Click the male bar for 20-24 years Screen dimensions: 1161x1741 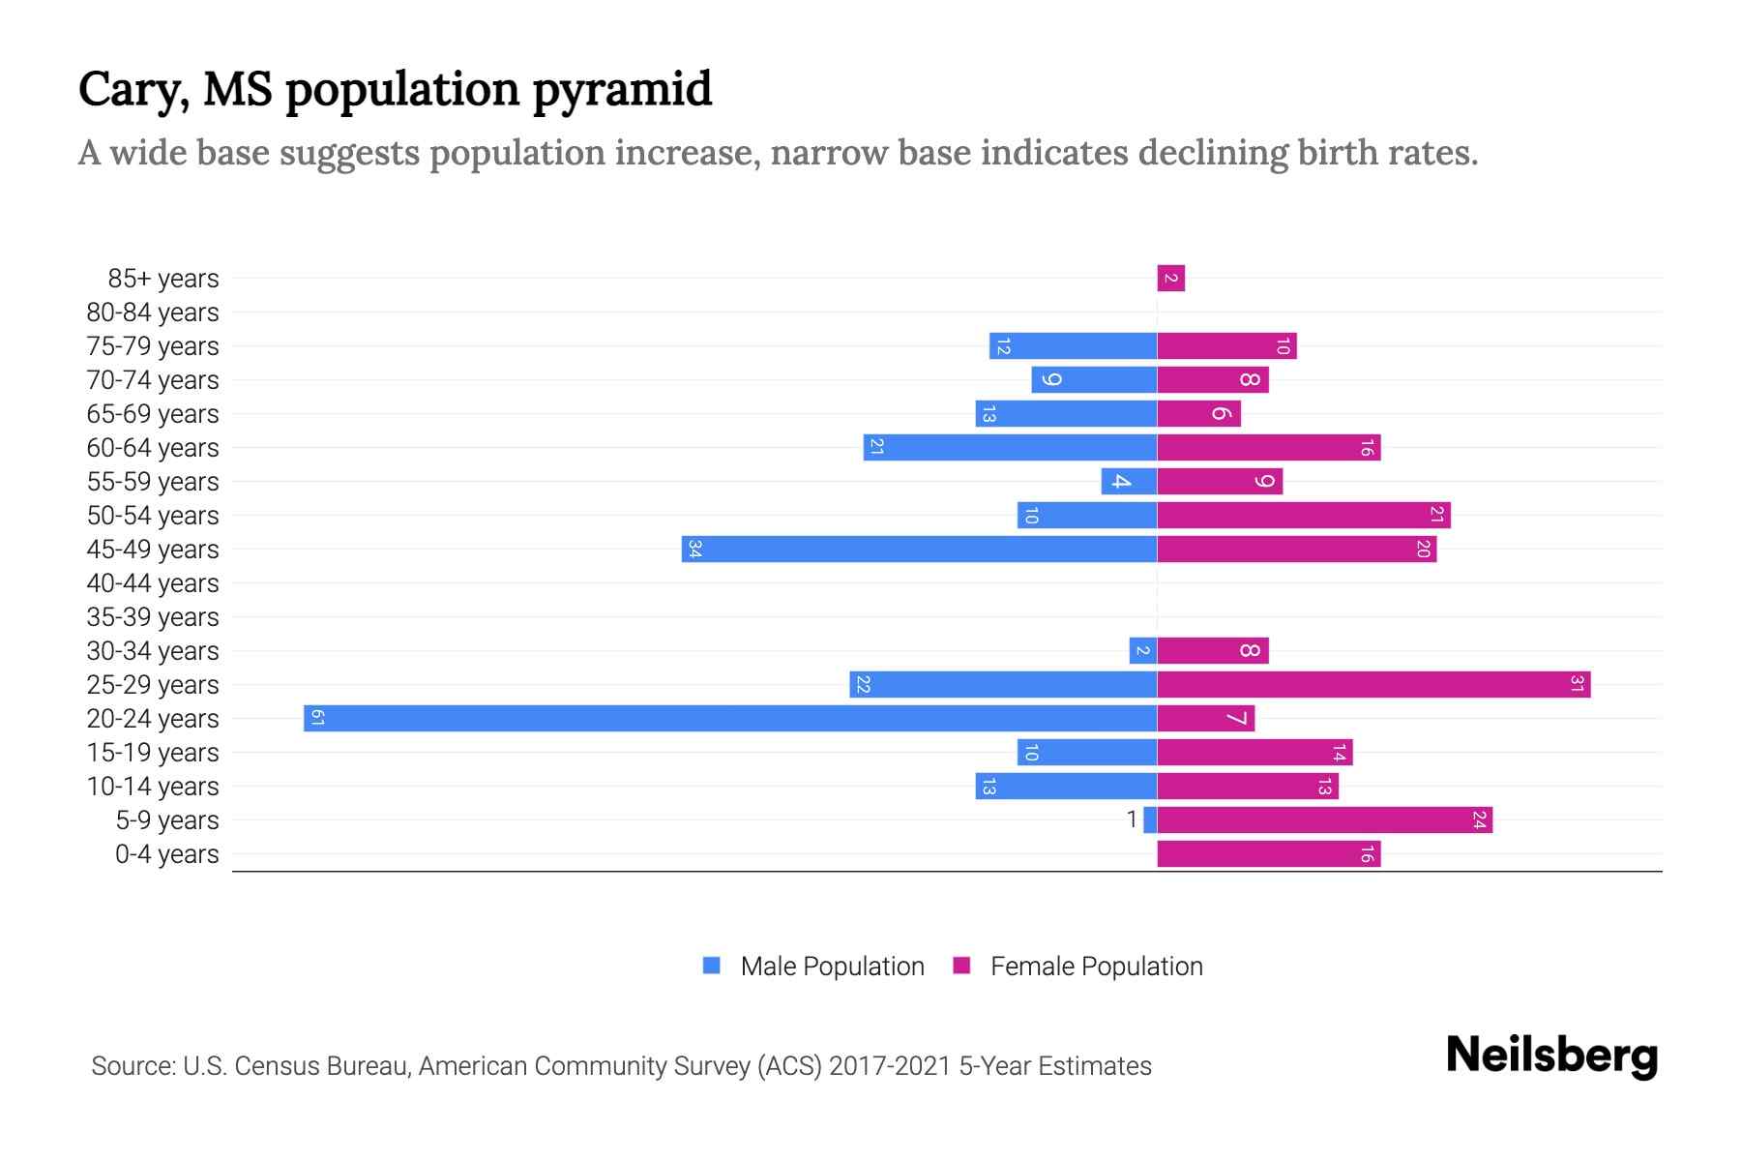click(x=730, y=718)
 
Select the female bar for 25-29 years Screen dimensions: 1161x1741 click(x=1373, y=684)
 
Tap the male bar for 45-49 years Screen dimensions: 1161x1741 click(x=919, y=549)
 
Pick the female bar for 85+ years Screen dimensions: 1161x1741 click(x=1170, y=279)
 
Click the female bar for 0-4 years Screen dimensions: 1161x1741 click(x=1268, y=853)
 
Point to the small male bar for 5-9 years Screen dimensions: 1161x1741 click(x=1150, y=819)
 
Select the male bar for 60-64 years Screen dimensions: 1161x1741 click(x=1010, y=447)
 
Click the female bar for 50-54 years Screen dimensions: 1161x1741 click(x=1303, y=515)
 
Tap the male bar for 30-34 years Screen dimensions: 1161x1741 click(x=1142, y=650)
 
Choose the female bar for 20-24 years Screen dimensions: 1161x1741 click(x=1205, y=718)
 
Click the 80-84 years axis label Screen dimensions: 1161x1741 click(x=153, y=313)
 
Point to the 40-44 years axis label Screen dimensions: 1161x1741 click(x=153, y=583)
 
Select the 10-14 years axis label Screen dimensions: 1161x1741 click(x=153, y=787)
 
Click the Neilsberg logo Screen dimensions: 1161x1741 click(x=1551, y=1056)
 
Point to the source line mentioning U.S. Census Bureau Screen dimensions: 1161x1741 click(x=621, y=1065)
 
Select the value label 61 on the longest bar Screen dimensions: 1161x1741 click(x=317, y=718)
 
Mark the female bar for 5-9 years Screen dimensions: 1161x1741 click(x=1324, y=819)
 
